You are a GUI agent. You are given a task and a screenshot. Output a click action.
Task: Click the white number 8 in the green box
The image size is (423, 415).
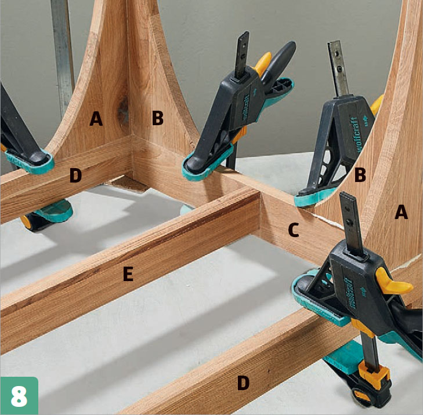(x=19, y=396)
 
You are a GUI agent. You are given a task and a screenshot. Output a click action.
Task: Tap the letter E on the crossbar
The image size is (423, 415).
(x=128, y=274)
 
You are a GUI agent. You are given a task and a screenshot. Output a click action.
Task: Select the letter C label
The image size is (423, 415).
(x=294, y=230)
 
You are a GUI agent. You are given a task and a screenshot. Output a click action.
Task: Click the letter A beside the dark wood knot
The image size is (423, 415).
(x=96, y=119)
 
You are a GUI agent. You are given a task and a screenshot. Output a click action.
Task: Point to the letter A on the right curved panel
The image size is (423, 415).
(x=401, y=212)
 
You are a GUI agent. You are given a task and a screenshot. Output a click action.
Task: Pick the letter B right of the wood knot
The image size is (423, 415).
(x=158, y=118)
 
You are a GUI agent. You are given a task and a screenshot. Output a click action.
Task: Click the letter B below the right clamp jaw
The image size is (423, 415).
(x=360, y=174)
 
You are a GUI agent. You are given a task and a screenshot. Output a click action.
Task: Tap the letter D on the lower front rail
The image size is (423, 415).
(x=243, y=383)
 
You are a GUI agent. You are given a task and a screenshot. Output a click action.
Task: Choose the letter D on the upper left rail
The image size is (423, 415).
(x=75, y=175)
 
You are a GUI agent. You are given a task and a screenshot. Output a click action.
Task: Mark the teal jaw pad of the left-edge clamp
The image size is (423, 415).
(x=30, y=162)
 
